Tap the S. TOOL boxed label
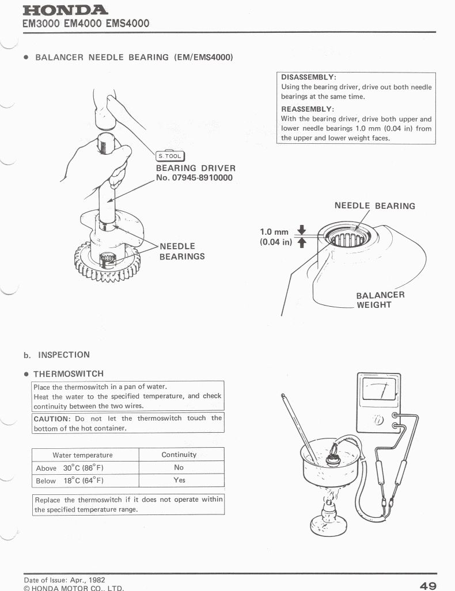click(170, 155)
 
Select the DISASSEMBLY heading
click(308, 77)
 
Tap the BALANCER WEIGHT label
click(380, 300)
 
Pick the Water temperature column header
click(82, 455)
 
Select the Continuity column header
click(179, 455)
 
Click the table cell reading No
click(179, 467)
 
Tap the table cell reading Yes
click(179, 480)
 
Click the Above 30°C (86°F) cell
click(70, 468)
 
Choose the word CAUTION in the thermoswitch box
click(51, 418)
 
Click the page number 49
click(428, 585)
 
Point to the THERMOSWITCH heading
click(68, 374)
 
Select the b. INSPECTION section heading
click(56, 354)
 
